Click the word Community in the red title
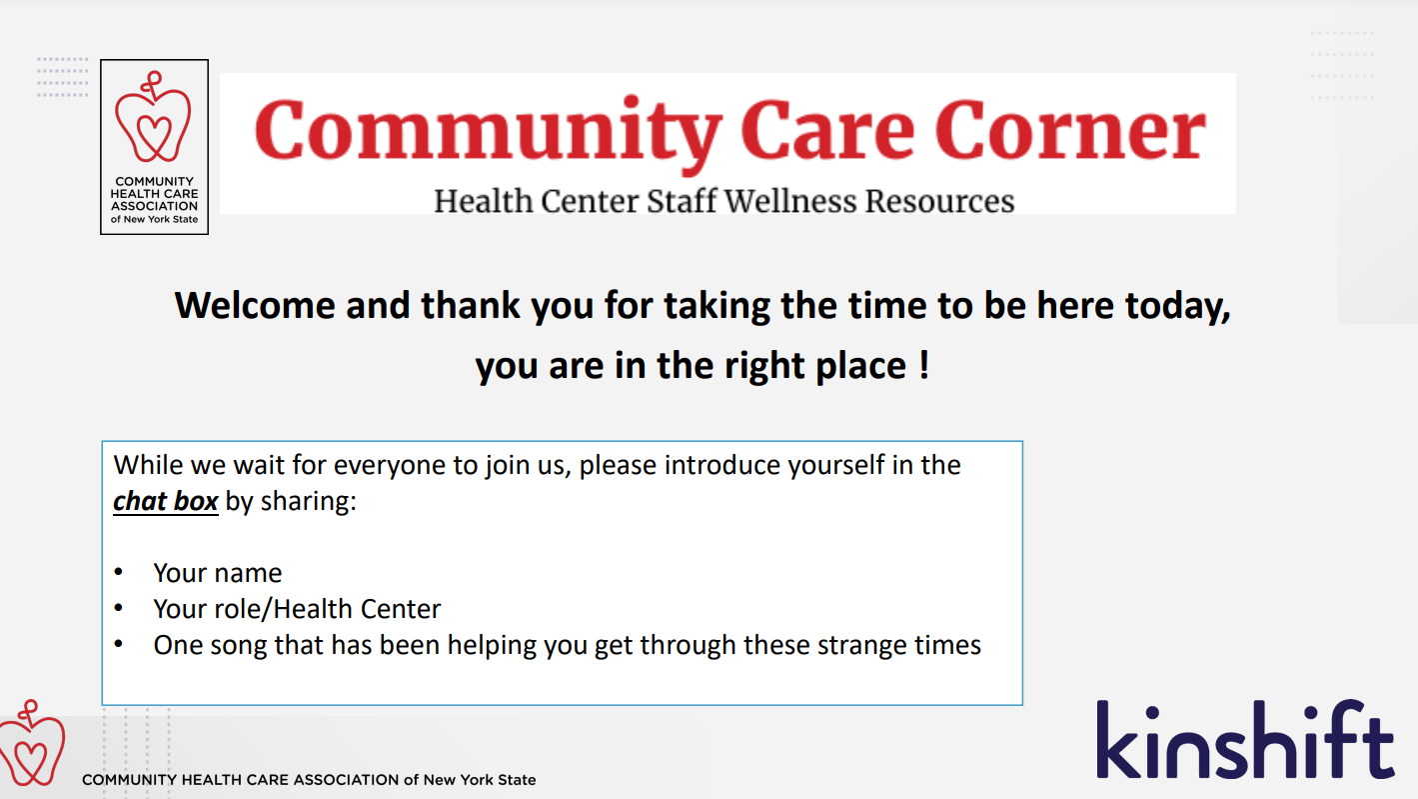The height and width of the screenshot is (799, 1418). tap(488, 134)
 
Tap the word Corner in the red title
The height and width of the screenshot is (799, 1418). tap(1070, 130)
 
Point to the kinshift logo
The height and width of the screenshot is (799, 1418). tap(1245, 739)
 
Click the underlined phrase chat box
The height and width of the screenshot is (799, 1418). tap(166, 501)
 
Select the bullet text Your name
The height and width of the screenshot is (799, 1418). tap(217, 573)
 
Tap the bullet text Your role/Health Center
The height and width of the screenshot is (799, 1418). tap(297, 609)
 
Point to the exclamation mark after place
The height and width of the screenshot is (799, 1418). tap(924, 364)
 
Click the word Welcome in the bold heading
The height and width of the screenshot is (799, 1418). tap(255, 305)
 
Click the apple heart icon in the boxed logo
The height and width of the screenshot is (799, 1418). tap(153, 117)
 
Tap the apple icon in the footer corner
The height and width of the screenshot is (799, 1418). tap(32, 743)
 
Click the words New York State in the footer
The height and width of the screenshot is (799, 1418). tap(480, 780)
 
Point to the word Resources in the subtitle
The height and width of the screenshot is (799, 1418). tap(939, 201)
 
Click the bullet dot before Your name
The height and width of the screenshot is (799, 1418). tap(118, 572)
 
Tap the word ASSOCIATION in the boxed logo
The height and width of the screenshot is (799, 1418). tap(154, 206)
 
